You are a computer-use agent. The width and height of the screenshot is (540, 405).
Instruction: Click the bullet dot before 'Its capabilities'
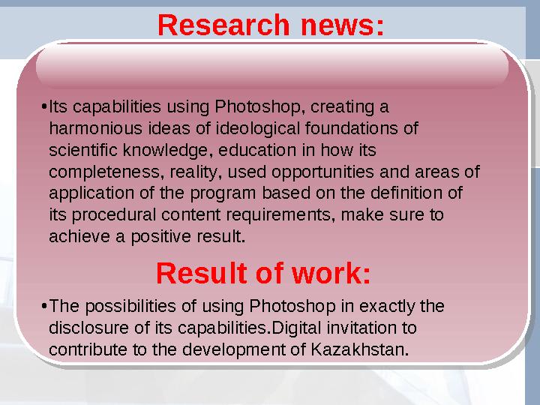tap(43, 105)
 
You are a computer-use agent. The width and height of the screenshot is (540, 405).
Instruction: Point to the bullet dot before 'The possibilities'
tap(43, 307)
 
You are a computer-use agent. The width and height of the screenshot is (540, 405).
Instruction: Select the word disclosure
tap(84, 328)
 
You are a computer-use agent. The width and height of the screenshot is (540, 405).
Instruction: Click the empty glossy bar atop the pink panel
tap(271, 64)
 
